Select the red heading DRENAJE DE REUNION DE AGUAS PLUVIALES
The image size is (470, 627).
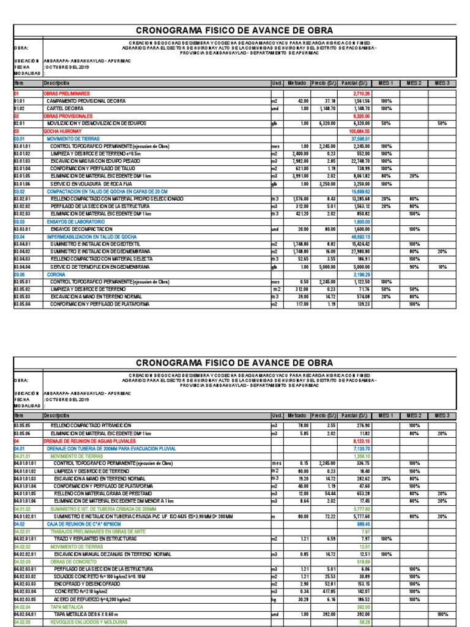(92, 440)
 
